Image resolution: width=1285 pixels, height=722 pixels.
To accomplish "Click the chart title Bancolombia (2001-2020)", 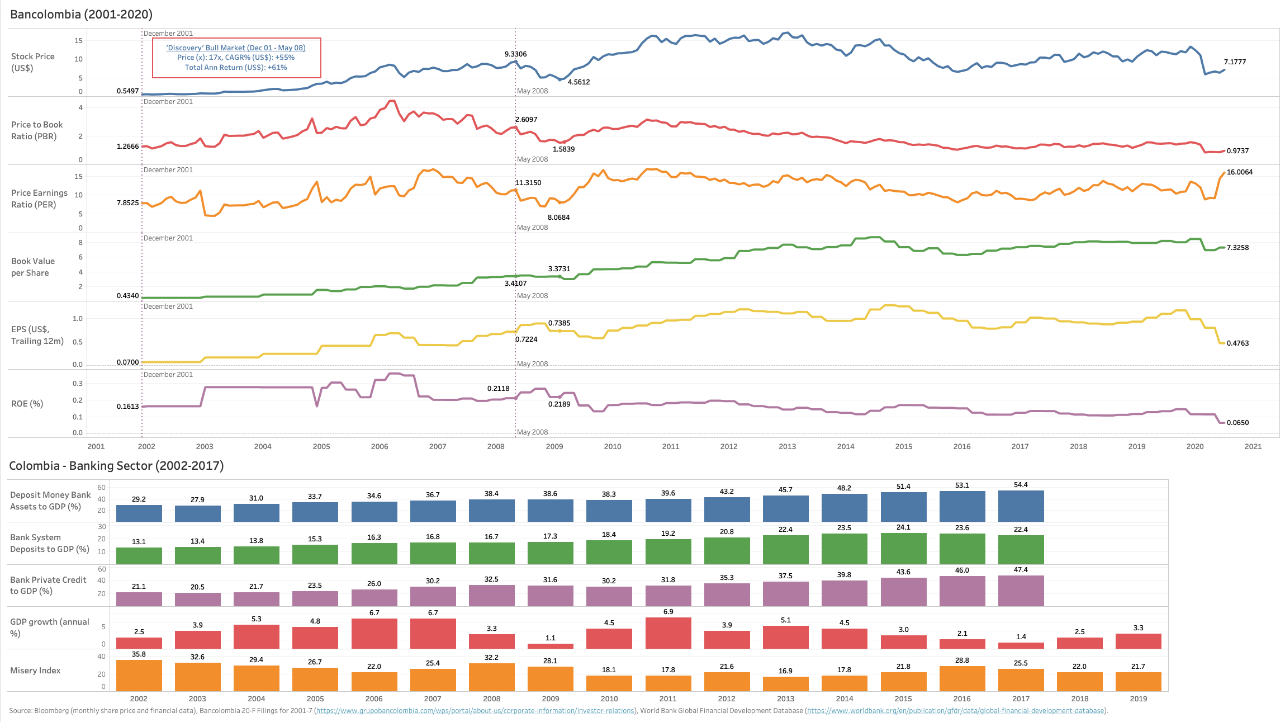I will tap(81, 15).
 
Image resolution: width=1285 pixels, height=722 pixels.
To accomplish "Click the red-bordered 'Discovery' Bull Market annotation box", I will tap(236, 58).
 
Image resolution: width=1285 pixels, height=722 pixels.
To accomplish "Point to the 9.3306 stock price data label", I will tap(515, 54).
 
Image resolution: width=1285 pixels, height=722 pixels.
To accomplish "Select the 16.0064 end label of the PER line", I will tap(1239, 172).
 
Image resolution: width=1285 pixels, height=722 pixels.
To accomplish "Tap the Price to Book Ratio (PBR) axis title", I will tap(37, 130).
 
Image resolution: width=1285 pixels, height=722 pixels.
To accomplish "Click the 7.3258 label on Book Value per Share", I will tap(1237, 248).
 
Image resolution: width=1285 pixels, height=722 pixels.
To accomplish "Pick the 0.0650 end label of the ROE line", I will tap(1237, 423).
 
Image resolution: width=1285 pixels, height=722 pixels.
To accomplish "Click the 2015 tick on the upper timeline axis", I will tap(903, 446).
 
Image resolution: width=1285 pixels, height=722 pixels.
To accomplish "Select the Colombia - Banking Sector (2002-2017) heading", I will tap(116, 466).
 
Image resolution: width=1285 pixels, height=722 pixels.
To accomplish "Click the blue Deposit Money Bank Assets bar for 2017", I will tap(1021, 506).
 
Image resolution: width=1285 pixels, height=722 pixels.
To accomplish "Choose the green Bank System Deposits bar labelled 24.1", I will tap(903, 549).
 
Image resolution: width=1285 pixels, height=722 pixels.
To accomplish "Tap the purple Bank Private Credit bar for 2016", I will tap(962, 591).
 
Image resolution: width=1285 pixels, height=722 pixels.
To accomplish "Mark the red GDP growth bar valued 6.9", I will tap(668, 633).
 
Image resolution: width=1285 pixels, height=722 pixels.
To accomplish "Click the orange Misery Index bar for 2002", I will tap(139, 676).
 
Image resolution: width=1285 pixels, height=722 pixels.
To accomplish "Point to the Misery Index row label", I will tap(35, 671).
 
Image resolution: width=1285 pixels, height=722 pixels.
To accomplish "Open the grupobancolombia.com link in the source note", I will tap(475, 711).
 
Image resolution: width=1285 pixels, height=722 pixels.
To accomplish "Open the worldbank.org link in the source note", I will tap(955, 711).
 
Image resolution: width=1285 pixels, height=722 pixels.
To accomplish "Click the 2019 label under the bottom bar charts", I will tap(1138, 699).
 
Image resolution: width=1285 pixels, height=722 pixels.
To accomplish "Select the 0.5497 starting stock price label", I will tap(127, 91).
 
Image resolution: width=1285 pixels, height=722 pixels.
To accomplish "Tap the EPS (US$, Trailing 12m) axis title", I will tap(37, 335).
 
